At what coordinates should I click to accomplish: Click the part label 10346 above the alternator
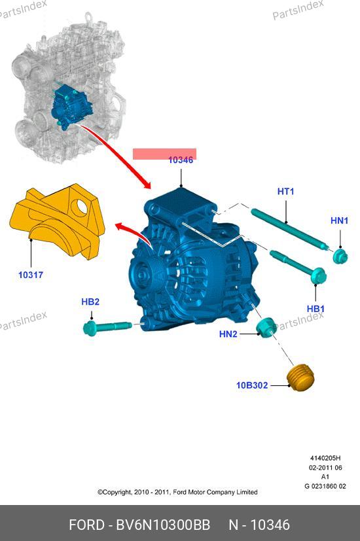[x=181, y=160]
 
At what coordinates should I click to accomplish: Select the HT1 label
[x=285, y=191]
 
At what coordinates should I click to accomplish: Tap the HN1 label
[x=339, y=220]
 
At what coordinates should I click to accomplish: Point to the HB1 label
[x=315, y=309]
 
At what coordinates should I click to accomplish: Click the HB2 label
[x=90, y=302]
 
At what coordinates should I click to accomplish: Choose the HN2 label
[x=228, y=334]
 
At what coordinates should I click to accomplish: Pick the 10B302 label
[x=252, y=385]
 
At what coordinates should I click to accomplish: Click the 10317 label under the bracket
[x=31, y=275]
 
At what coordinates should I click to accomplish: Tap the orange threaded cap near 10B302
[x=301, y=377]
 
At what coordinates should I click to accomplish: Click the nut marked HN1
[x=340, y=256]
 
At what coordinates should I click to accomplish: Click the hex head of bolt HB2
[x=90, y=328]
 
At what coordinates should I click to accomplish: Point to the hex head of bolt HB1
[x=318, y=276]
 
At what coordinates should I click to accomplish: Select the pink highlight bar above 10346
[x=165, y=153]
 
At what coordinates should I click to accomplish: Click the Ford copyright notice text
[x=177, y=492]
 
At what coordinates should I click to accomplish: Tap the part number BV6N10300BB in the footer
[x=163, y=525]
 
